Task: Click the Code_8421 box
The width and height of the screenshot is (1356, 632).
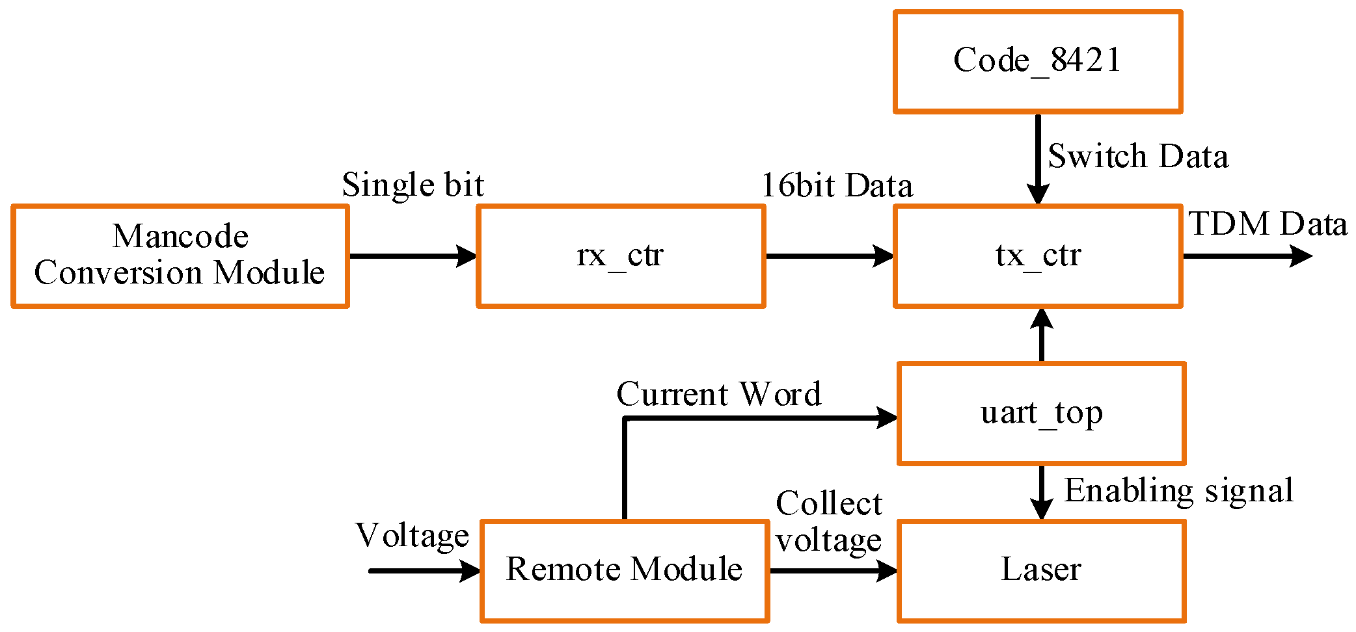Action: (1037, 61)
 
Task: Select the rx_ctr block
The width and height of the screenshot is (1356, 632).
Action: (621, 256)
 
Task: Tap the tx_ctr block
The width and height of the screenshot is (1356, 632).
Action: (1037, 256)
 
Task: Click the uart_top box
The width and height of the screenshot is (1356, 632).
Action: (1041, 413)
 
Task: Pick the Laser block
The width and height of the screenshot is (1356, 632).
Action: (1041, 570)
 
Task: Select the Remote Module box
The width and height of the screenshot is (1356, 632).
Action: (625, 570)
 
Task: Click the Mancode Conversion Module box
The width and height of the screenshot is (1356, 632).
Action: (180, 256)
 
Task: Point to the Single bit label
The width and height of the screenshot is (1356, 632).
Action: (413, 185)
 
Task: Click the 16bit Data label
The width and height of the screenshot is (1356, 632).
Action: (837, 185)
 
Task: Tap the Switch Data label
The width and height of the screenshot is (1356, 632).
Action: (1138, 156)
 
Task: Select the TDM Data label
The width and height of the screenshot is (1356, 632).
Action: (1268, 224)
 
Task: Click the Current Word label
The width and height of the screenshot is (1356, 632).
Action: (718, 394)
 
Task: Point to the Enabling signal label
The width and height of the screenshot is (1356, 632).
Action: (1178, 491)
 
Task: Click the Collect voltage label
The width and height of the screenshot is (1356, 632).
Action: (828, 521)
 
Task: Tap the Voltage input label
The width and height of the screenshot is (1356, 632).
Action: (412, 536)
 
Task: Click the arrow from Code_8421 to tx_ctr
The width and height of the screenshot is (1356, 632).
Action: (1038, 159)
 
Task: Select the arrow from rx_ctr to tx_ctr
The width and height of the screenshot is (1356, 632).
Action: (829, 256)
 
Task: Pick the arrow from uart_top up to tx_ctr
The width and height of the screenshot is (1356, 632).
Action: (1042, 336)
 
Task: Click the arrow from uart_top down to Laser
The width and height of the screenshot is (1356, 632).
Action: (1042, 492)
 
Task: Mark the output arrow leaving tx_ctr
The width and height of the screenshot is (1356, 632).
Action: (1245, 256)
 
